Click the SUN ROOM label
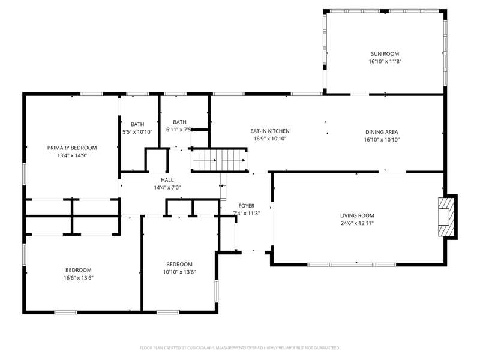click(x=385, y=54)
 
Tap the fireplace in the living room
click(x=446, y=217)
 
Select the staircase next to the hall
click(x=219, y=160)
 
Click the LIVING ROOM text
click(x=357, y=215)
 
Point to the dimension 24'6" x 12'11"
click(x=357, y=223)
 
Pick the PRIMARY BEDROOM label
click(x=72, y=148)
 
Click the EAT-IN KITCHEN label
click(x=269, y=131)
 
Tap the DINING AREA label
click(x=382, y=132)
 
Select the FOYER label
click(x=247, y=206)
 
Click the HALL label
click(x=167, y=180)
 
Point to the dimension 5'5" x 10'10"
click(x=137, y=132)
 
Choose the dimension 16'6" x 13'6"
click(x=79, y=278)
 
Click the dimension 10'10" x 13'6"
click(x=179, y=272)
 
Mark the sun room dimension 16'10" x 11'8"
click(x=385, y=62)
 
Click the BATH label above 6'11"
click(x=179, y=122)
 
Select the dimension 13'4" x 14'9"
click(x=72, y=155)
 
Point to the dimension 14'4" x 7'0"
click(x=167, y=188)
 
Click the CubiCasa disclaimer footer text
click(x=239, y=348)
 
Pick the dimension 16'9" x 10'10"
click(x=269, y=139)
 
